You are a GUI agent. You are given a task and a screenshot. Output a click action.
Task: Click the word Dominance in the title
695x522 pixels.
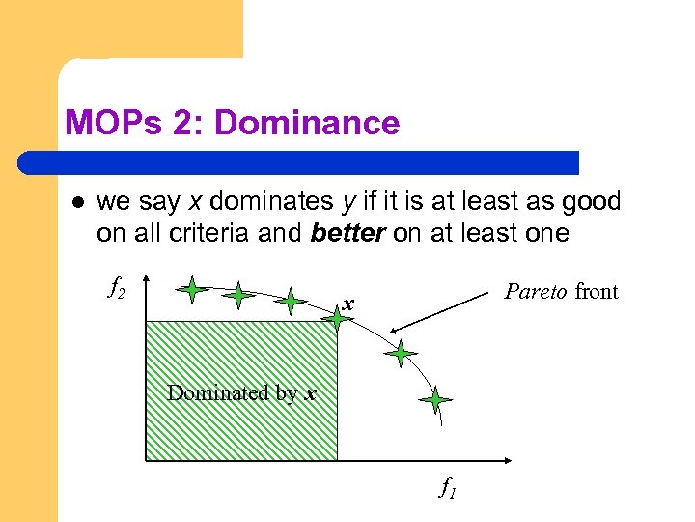click(307, 123)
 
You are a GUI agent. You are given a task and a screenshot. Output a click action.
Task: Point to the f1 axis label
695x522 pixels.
click(448, 488)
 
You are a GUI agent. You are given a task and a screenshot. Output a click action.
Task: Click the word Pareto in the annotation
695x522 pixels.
click(537, 291)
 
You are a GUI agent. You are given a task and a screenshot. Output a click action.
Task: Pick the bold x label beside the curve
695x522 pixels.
click(349, 306)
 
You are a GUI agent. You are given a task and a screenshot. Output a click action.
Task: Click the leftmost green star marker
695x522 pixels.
click(193, 288)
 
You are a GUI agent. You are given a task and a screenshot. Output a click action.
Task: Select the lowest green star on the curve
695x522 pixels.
click(436, 399)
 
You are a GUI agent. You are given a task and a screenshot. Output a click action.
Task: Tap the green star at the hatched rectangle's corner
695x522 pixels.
click(337, 318)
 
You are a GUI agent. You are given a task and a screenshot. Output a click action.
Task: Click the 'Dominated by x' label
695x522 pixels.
click(241, 392)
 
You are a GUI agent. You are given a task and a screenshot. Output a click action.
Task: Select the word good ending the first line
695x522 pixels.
click(593, 202)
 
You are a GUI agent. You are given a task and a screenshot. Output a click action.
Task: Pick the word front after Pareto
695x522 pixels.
click(597, 291)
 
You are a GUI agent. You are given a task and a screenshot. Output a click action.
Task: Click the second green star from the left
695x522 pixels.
click(239, 295)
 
